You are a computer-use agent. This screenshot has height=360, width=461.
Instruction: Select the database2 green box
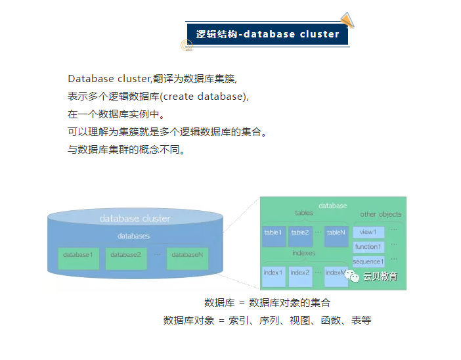click(x=125, y=255)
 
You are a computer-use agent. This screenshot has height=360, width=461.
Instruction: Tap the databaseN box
click(x=187, y=255)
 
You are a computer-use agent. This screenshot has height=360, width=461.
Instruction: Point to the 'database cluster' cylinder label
click(x=135, y=218)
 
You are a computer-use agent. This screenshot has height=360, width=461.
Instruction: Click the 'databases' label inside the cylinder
click(x=134, y=236)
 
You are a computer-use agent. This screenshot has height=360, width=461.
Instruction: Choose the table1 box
click(x=273, y=233)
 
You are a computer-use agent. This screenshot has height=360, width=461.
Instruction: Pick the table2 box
click(x=300, y=233)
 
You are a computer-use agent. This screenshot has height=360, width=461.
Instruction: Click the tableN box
click(x=336, y=233)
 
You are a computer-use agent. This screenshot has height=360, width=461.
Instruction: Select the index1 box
click(x=273, y=273)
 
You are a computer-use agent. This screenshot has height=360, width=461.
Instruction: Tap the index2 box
click(x=300, y=273)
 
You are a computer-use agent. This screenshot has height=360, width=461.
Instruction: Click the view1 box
click(x=368, y=232)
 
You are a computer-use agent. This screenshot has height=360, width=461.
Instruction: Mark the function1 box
click(x=368, y=247)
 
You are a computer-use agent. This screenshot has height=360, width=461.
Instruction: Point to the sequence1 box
click(x=368, y=261)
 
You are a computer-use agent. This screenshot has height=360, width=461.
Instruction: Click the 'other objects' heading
click(x=381, y=214)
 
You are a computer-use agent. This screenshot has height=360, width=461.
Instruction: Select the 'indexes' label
click(x=303, y=253)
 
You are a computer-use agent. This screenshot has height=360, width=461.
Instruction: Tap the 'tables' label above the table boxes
click(x=304, y=213)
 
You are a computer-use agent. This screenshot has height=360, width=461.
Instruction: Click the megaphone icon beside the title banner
click(x=347, y=20)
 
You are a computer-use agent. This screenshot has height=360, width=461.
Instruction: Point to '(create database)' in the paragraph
click(x=204, y=96)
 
